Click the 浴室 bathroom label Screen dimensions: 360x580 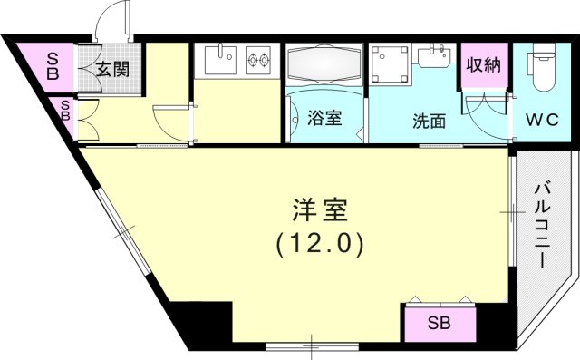click(324, 118)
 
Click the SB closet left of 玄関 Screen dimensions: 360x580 click(53, 65)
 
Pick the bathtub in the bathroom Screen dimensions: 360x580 click(324, 68)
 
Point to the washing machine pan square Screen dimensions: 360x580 click(391, 65)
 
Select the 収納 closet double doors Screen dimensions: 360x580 click(483, 102)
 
